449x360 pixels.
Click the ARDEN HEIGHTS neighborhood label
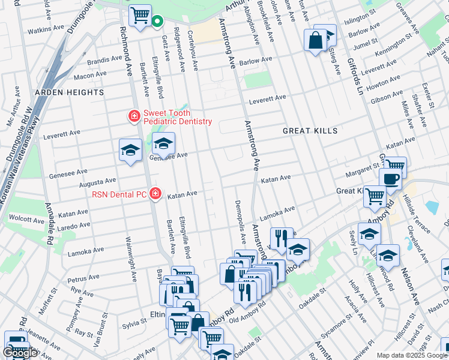point(69,92)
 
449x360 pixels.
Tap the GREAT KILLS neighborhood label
point(310,130)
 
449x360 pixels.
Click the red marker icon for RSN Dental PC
point(155,193)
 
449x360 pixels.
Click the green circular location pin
point(157,22)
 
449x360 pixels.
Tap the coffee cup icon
point(390,178)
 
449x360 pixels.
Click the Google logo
point(20,353)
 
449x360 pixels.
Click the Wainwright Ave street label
point(130,257)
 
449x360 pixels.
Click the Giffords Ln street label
point(355,76)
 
